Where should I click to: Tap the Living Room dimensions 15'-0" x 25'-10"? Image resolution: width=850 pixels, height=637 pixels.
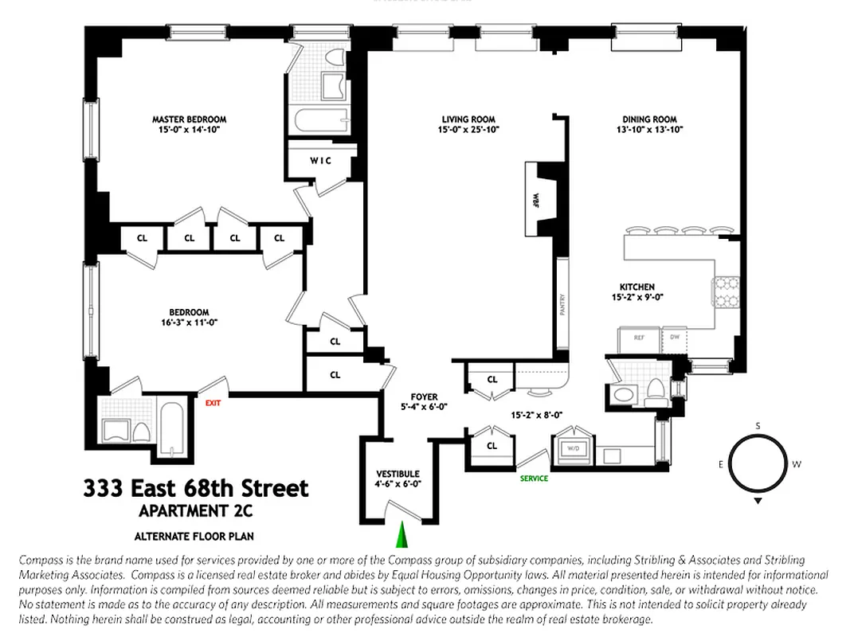(x=469, y=130)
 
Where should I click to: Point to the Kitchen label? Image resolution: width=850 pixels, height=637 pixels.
(x=637, y=287)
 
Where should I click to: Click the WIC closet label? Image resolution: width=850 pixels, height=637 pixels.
(x=320, y=160)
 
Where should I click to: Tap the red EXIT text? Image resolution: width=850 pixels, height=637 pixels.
(x=213, y=403)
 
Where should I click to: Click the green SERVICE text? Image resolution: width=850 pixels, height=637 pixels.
(x=534, y=479)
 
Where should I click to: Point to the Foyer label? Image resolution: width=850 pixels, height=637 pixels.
(x=424, y=397)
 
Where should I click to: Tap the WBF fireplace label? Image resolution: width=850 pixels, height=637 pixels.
(x=535, y=197)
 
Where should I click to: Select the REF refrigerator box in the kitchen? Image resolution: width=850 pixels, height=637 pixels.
(x=639, y=337)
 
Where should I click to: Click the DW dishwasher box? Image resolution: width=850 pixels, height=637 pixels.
(x=676, y=337)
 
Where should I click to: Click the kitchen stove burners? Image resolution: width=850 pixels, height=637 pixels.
(x=727, y=292)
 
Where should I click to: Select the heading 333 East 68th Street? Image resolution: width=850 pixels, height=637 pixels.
(x=196, y=487)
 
